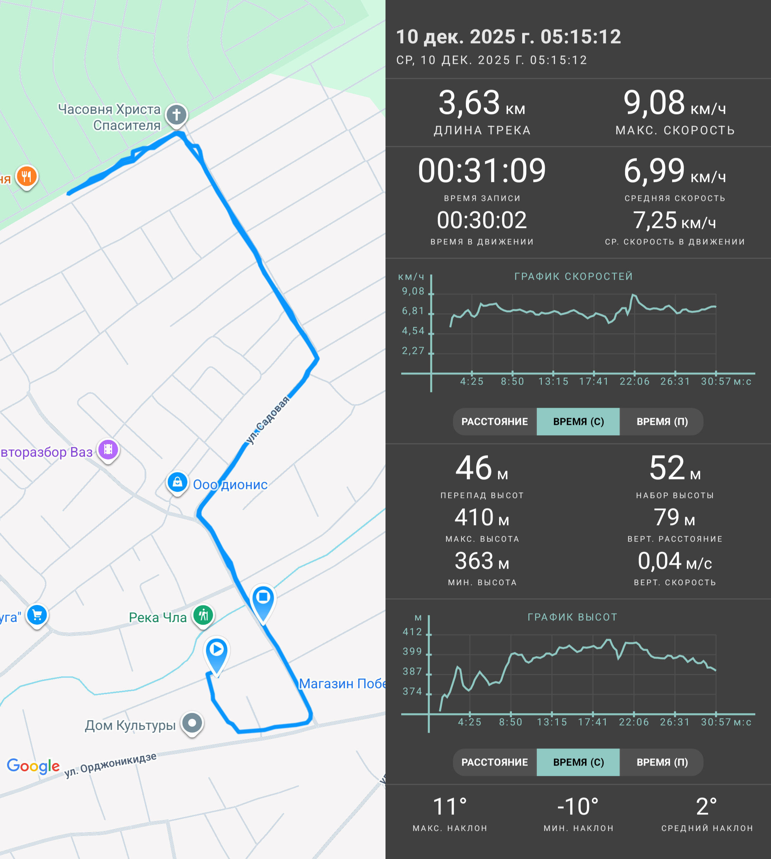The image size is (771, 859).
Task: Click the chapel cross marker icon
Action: tap(177, 115)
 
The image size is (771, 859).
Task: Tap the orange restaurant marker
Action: tap(27, 177)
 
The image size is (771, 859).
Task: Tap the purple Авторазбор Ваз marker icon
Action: tap(109, 450)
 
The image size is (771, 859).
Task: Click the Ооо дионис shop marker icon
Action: tap(177, 483)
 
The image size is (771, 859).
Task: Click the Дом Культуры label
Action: tap(130, 726)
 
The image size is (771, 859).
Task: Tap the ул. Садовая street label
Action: tap(268, 420)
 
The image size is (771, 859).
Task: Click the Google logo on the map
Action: tap(34, 766)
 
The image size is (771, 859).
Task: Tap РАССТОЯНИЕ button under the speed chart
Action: tap(494, 422)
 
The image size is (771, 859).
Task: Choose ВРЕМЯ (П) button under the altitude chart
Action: tap(662, 762)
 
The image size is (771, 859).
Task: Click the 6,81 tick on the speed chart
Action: tap(413, 311)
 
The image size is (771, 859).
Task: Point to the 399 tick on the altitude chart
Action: tap(412, 651)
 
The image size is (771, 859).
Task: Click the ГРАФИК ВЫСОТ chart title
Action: tap(572, 617)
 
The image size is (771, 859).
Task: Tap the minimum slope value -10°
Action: tap(578, 807)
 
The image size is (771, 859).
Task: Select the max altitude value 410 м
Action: tap(482, 517)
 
